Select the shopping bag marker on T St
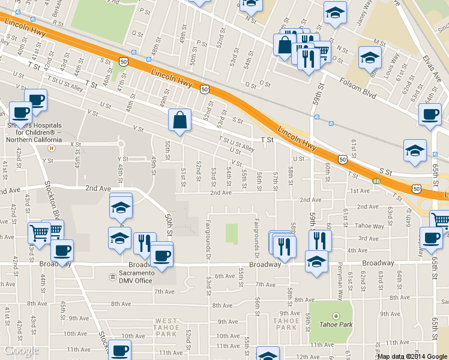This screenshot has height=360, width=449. tap(179, 120)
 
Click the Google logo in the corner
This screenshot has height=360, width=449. tap(22, 350)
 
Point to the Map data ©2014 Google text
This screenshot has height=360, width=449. tap(412, 356)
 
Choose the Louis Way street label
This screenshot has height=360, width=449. tap(394, 67)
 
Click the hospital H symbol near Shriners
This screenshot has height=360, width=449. tap(52, 147)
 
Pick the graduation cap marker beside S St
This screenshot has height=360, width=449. tap(415, 151)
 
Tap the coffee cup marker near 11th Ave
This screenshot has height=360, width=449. tap(119, 349)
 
